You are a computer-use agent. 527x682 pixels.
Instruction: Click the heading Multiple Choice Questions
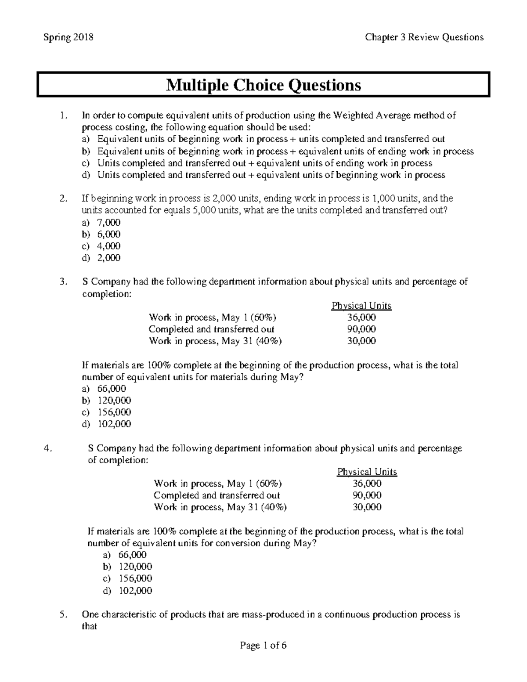click(263, 85)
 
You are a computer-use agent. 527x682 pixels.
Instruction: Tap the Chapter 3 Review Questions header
click(424, 37)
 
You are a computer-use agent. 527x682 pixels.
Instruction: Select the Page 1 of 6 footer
click(263, 646)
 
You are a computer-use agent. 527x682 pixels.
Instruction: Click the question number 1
click(65, 115)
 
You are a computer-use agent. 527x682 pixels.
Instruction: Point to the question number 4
click(48, 448)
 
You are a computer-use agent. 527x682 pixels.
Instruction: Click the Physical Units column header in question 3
click(361, 306)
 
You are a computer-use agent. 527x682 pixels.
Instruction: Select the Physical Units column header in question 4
click(367, 472)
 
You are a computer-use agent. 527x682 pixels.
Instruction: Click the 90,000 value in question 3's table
click(361, 329)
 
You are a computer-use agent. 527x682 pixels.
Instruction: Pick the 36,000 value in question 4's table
click(367, 484)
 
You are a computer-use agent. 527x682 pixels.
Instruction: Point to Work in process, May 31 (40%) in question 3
click(215, 341)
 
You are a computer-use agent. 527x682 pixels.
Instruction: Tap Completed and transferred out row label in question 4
click(217, 495)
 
